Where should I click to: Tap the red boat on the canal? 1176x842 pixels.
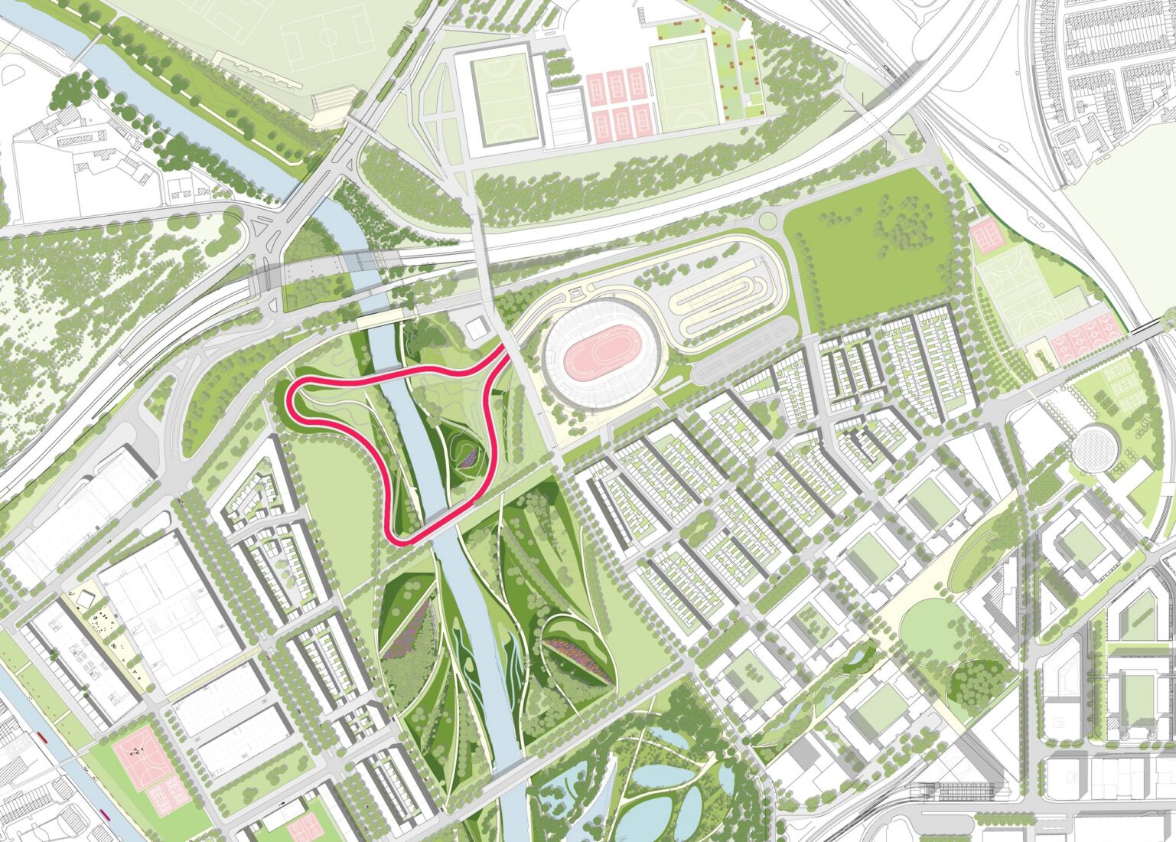coord(41,739)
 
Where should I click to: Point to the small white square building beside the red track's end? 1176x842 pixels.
coord(476,330)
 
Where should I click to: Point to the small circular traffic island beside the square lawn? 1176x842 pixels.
coord(767,222)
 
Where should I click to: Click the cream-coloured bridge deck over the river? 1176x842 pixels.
coord(385,317)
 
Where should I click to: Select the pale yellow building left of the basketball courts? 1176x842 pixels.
coord(1039,357)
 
